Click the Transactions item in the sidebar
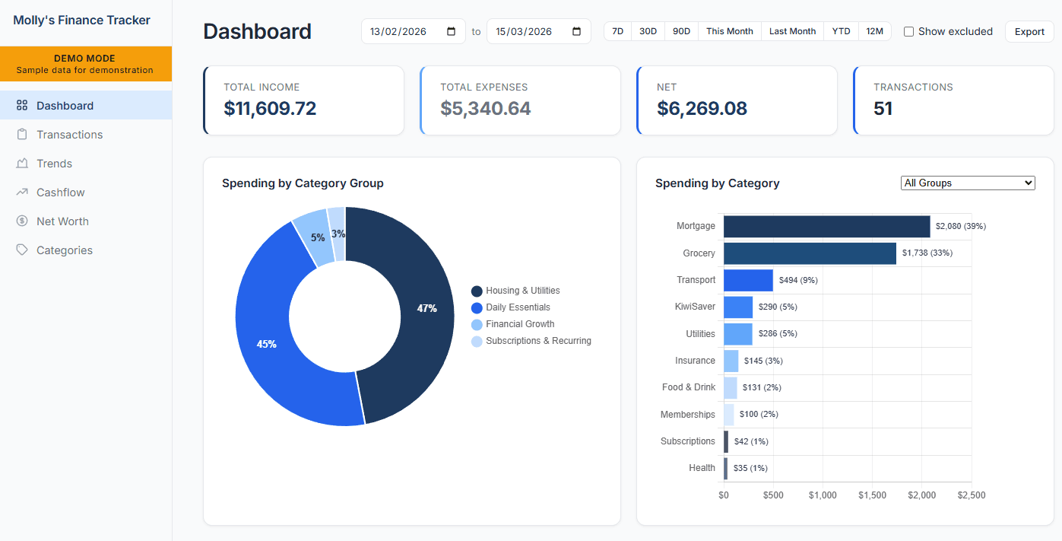pos(69,135)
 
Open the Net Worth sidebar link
pos(62,221)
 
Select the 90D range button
pos(682,31)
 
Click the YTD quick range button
pos(841,31)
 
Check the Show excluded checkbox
pos(908,32)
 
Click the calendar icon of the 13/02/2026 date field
pos(452,32)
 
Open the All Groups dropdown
pos(968,183)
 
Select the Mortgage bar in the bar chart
pos(826,226)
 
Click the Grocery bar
pos(810,253)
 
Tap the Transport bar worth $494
pos(748,280)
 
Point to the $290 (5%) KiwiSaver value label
pos(778,307)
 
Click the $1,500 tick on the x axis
pos(872,495)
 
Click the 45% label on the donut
pos(266,344)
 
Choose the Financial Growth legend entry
pos(520,324)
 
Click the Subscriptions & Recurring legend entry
pos(538,341)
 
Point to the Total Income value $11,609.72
pos(270,108)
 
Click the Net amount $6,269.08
pos(702,108)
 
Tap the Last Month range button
pos(792,31)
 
